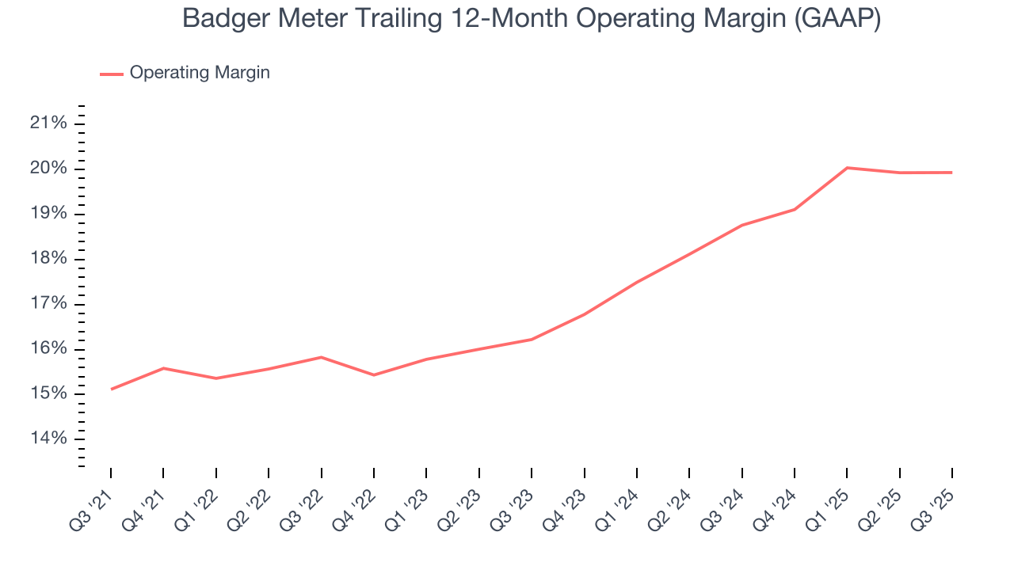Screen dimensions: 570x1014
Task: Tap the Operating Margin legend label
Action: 200,73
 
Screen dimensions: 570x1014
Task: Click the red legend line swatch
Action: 111,74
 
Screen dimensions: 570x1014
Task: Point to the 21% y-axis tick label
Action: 48,123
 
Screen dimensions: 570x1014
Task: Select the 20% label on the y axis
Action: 48,169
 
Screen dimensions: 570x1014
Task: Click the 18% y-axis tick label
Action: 48,259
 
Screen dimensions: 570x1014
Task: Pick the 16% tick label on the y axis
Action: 48,349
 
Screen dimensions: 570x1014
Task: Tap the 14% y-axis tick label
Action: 48,439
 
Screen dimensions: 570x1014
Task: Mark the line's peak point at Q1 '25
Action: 847,168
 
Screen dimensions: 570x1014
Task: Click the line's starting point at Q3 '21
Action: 111,389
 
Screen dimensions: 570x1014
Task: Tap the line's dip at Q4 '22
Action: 374,374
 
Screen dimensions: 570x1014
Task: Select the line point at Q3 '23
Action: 532,340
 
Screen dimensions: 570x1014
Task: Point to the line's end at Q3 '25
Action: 951,173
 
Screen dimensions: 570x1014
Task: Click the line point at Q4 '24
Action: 795,209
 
